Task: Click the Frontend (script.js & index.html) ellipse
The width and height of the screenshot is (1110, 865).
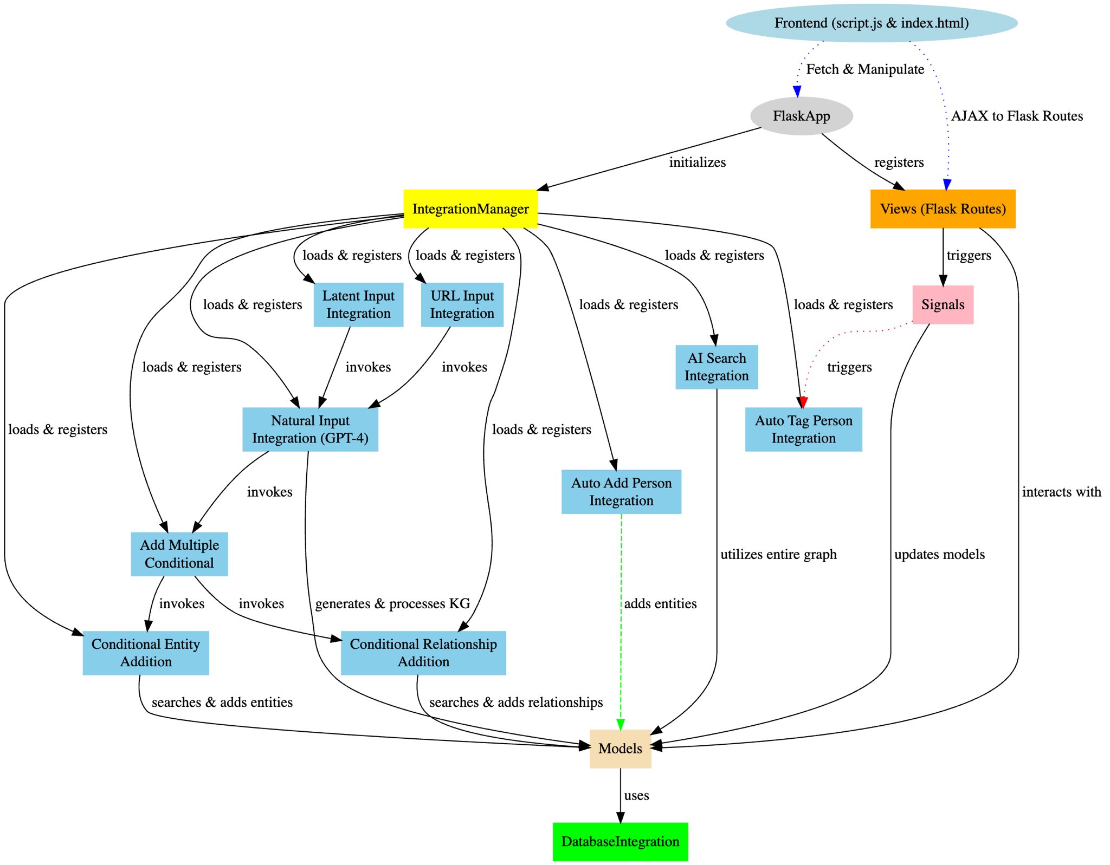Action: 871,23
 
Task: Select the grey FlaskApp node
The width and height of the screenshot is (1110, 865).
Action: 801,116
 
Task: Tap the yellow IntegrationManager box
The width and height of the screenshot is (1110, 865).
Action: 470,209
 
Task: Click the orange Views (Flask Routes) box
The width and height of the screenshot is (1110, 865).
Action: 943,209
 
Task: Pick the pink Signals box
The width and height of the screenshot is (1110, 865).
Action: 943,304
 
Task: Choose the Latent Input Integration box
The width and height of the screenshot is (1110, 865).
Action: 358,304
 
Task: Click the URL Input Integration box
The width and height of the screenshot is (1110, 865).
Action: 462,304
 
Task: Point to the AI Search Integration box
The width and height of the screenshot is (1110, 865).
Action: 717,367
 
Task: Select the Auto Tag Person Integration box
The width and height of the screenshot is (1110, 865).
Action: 803,429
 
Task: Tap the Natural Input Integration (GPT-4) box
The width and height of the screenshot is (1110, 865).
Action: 310,429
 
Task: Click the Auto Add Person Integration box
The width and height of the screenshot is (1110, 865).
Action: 621,491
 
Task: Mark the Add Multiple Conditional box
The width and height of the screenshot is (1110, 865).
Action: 179,554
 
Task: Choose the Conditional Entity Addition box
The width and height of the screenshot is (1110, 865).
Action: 146,653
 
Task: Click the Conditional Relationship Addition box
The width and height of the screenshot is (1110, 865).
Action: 423,653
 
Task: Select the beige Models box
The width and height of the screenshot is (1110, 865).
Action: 620,749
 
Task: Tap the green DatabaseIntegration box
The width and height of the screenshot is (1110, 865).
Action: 620,842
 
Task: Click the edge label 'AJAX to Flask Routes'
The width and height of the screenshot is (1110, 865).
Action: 1017,116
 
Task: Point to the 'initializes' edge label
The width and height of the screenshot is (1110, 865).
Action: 697,162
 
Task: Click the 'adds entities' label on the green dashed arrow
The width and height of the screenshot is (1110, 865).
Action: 660,603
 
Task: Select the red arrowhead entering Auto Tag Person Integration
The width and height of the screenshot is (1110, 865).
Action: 803,402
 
